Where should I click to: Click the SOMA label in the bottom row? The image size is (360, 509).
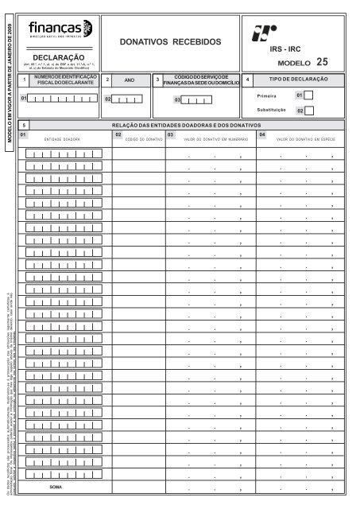point(56,485)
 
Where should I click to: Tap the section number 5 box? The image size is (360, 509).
point(25,126)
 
